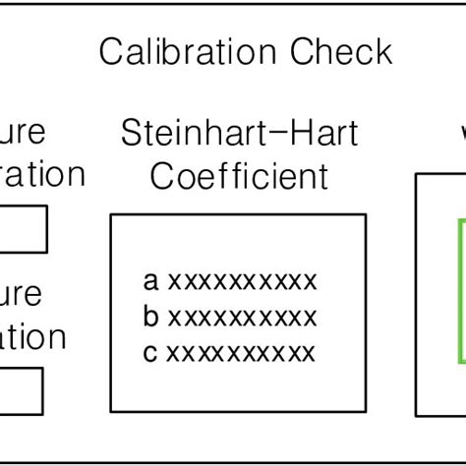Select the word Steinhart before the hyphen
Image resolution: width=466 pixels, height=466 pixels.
point(196,133)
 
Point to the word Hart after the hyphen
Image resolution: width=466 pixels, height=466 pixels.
point(321,133)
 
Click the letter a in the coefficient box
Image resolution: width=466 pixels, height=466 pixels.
point(150,282)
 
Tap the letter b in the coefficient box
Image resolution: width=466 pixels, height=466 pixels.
point(150,317)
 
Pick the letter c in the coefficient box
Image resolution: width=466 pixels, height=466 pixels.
point(150,353)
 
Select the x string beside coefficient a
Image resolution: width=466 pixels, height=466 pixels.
point(242,282)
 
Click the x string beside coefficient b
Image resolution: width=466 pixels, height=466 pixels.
point(242,318)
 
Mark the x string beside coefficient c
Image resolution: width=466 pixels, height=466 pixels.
point(242,353)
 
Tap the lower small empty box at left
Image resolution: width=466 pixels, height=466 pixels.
point(21,391)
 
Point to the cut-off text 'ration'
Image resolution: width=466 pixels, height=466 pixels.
point(41,175)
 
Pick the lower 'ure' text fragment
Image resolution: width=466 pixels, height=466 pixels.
point(22,294)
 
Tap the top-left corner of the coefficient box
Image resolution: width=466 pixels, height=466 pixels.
point(110,215)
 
